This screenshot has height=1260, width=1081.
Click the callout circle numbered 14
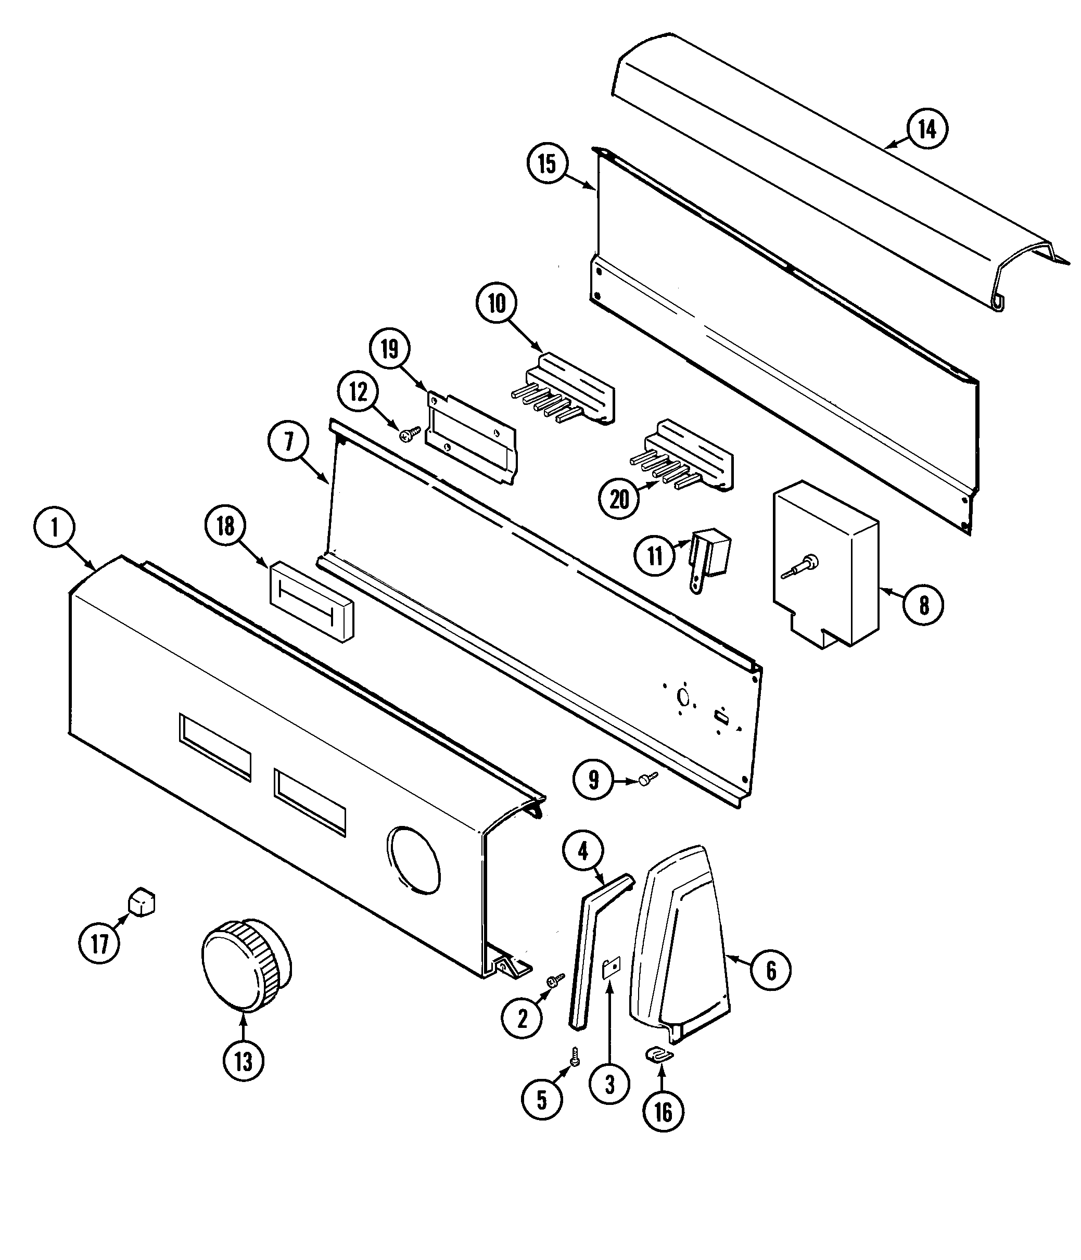(926, 129)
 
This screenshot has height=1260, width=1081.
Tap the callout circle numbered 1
(54, 527)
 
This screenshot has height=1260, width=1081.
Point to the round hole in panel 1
(413, 859)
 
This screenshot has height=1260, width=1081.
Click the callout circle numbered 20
(619, 499)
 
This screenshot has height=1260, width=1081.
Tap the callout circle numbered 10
(497, 303)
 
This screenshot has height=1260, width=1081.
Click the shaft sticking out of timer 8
(796, 567)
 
